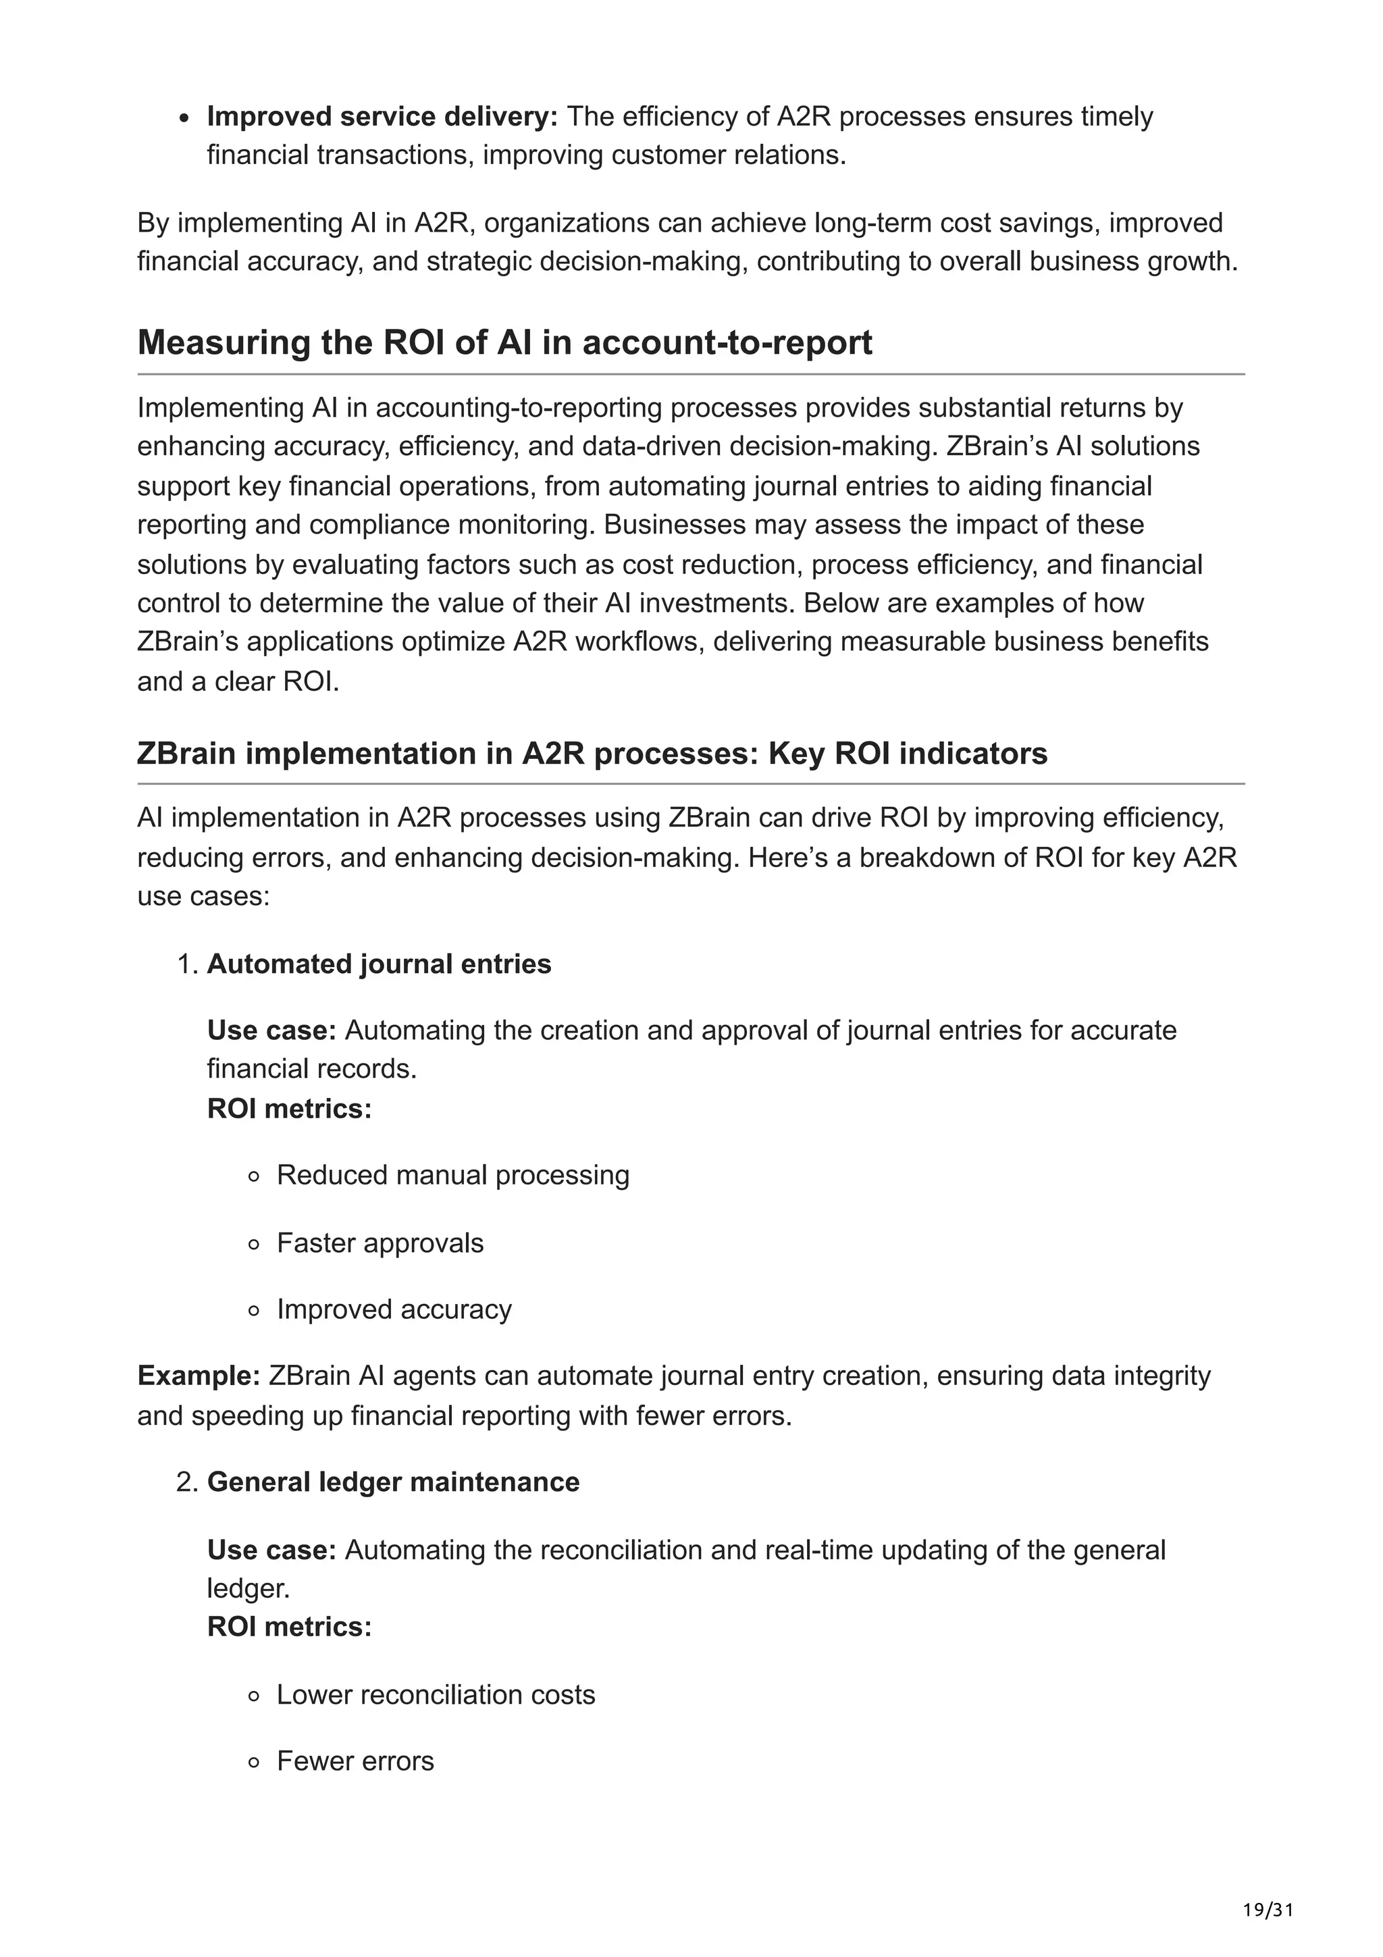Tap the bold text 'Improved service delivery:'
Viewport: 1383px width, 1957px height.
[x=382, y=116]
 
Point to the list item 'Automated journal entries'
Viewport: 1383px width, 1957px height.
[x=380, y=964]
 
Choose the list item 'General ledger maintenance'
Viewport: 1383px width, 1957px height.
[x=393, y=1482]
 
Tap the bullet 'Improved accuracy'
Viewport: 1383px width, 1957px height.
[x=394, y=1309]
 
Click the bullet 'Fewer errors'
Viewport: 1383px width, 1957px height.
[x=355, y=1761]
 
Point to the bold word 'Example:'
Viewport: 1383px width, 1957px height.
[x=199, y=1376]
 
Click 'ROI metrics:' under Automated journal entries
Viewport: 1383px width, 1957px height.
[x=290, y=1109]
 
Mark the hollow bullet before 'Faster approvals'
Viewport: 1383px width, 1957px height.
[x=253, y=1245]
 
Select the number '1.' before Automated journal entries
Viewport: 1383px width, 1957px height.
[x=188, y=964]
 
